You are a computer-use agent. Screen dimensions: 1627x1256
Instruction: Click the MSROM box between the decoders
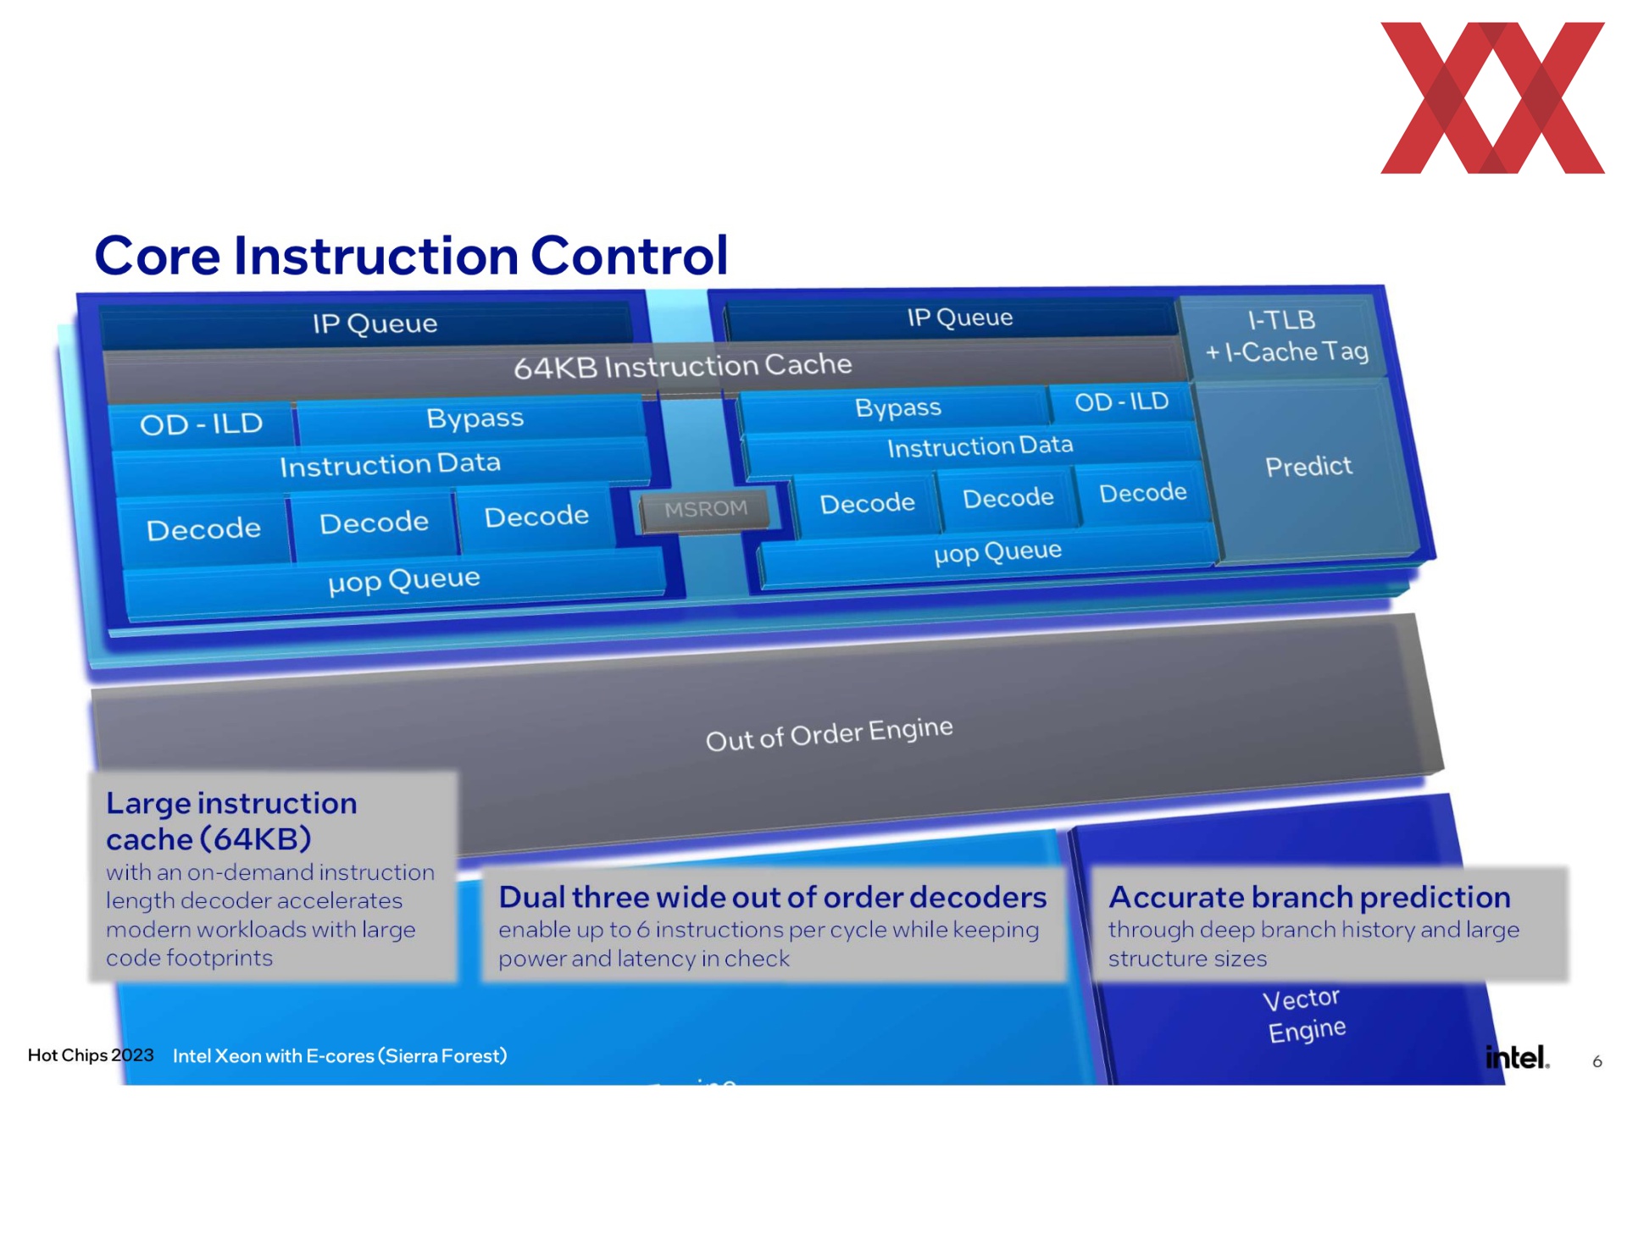(x=705, y=510)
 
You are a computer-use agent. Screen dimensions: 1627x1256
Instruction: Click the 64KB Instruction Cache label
(x=682, y=367)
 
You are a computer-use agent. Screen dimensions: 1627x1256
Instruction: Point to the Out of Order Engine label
(x=829, y=733)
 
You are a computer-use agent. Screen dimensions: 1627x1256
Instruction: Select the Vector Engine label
(x=1304, y=1015)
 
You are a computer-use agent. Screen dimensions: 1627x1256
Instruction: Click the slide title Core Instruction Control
(x=411, y=255)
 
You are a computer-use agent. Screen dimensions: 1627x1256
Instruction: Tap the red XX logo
(x=1492, y=97)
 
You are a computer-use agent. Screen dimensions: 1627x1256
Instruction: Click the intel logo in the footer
(x=1517, y=1057)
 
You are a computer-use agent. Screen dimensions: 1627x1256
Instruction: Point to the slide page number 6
(x=1596, y=1061)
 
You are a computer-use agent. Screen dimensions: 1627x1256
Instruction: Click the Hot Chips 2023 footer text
(x=91, y=1055)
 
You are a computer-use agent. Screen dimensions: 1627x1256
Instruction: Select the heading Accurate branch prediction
(x=1309, y=897)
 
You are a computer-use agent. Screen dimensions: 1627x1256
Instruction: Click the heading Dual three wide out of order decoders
(x=772, y=897)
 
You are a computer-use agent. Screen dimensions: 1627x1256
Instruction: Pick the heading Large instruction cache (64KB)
(x=231, y=821)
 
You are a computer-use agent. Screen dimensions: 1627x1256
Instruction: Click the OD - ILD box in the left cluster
(x=202, y=423)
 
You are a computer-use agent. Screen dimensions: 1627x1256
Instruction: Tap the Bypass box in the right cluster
(x=897, y=408)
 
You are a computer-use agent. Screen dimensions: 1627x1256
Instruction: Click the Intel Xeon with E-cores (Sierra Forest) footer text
(x=340, y=1056)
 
